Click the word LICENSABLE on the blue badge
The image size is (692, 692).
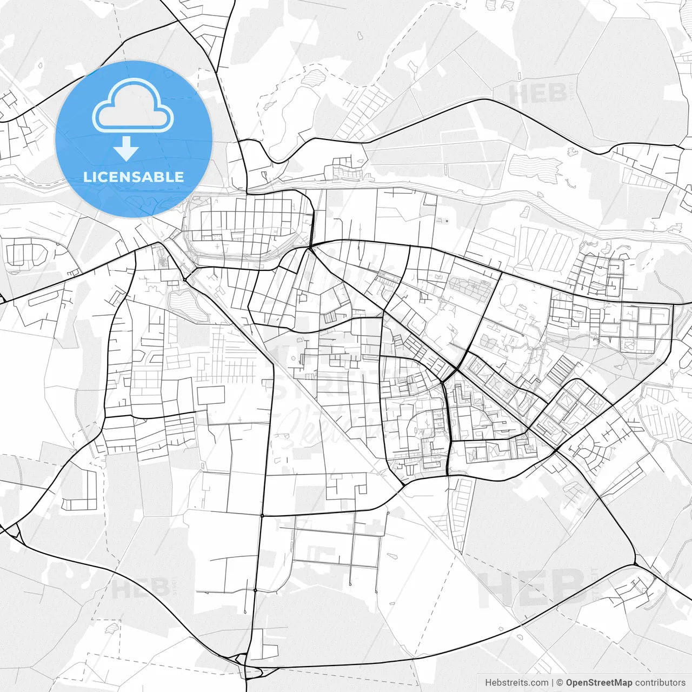(x=134, y=177)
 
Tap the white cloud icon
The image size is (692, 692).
(x=132, y=106)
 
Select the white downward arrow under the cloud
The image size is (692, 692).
(x=127, y=148)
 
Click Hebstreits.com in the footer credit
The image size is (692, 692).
(x=516, y=683)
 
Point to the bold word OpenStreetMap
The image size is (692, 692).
(x=598, y=683)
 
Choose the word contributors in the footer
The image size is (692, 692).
(x=660, y=683)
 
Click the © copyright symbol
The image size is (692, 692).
(x=560, y=683)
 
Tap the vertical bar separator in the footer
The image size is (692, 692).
(x=553, y=683)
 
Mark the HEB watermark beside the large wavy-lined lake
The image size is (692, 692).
(x=538, y=94)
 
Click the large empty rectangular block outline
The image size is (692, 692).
(x=211, y=395)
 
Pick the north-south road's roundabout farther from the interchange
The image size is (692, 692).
(x=262, y=516)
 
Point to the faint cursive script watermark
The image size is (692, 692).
(x=324, y=419)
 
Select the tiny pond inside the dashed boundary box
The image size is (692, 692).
(x=112, y=628)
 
